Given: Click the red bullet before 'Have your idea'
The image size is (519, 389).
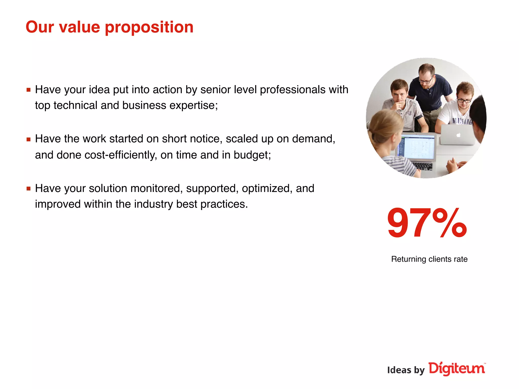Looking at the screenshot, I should [x=28, y=90].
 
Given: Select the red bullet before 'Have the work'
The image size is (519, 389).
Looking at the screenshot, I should [x=28, y=139].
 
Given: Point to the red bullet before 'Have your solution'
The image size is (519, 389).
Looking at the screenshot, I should [x=28, y=188].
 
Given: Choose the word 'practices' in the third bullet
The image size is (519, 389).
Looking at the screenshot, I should [x=223, y=204].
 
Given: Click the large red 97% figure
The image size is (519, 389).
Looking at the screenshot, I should [x=427, y=223].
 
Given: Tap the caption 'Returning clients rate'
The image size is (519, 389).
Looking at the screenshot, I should [x=429, y=259].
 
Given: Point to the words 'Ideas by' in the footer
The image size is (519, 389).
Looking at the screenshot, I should [x=406, y=370].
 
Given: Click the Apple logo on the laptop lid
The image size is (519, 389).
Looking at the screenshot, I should [x=458, y=135].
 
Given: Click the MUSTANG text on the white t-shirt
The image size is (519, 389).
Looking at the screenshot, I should [x=462, y=121].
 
